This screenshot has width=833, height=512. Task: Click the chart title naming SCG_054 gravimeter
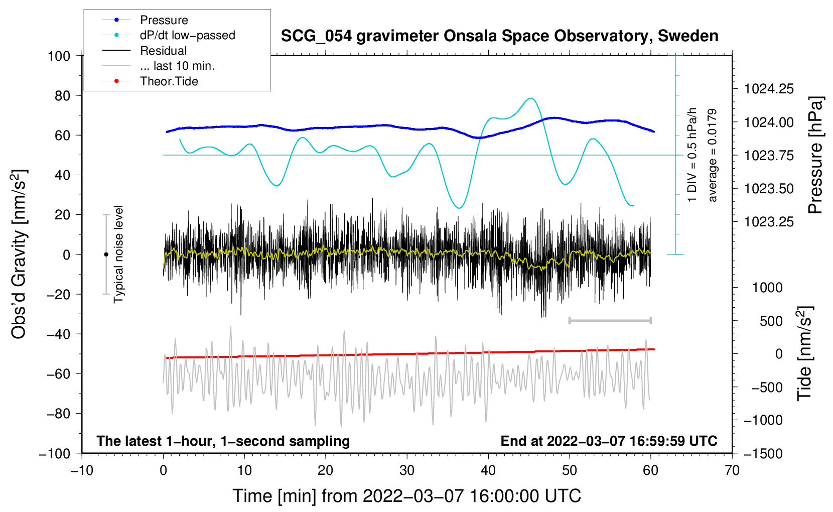point(499,36)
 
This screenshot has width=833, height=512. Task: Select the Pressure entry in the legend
point(164,20)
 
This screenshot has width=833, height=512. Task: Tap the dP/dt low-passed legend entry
point(187,35)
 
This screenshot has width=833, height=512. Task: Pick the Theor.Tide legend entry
point(169,81)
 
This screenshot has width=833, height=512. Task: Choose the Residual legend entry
point(163,51)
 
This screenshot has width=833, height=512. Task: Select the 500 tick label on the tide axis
point(771,321)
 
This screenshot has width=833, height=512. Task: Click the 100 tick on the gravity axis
point(59,56)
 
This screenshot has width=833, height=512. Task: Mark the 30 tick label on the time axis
point(407,471)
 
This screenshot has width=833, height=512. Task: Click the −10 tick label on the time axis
point(82,471)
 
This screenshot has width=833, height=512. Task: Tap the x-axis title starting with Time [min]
point(407,496)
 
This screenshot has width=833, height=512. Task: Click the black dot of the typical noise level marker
point(106,254)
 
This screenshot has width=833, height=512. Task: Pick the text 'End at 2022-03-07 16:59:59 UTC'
point(609,441)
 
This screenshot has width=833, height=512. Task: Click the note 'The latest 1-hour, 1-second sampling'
point(223,441)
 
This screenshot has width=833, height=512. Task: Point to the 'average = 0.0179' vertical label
point(713,156)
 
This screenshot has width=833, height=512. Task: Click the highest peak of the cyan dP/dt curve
point(530,98)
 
